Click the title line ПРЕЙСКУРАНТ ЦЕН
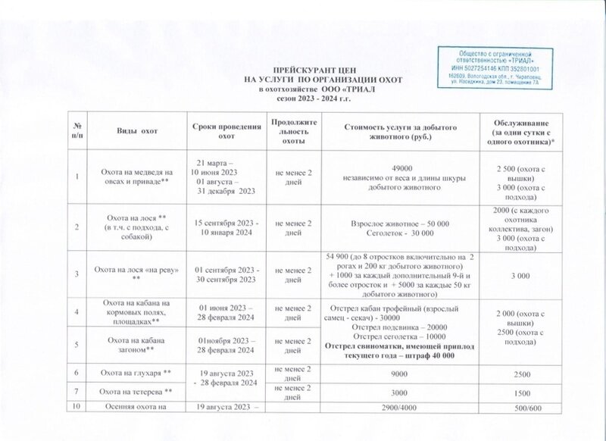tap(302, 70)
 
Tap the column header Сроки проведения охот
tap(221, 130)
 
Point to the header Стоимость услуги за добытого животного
tap(401, 130)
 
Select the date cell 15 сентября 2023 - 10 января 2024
tap(222, 227)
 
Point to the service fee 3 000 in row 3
tap(522, 277)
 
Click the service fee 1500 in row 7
tap(522, 391)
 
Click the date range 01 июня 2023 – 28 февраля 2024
tap(221, 313)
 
